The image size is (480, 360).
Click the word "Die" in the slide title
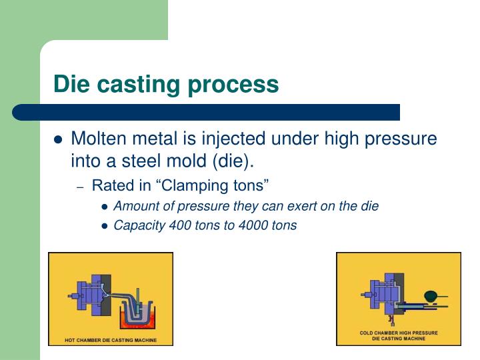click(x=71, y=84)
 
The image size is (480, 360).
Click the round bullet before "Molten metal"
click(x=58, y=140)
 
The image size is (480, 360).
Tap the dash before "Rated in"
click(x=80, y=186)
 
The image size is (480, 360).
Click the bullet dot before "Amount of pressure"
click(x=105, y=207)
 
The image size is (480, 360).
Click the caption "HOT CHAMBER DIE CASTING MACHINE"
click(x=111, y=340)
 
